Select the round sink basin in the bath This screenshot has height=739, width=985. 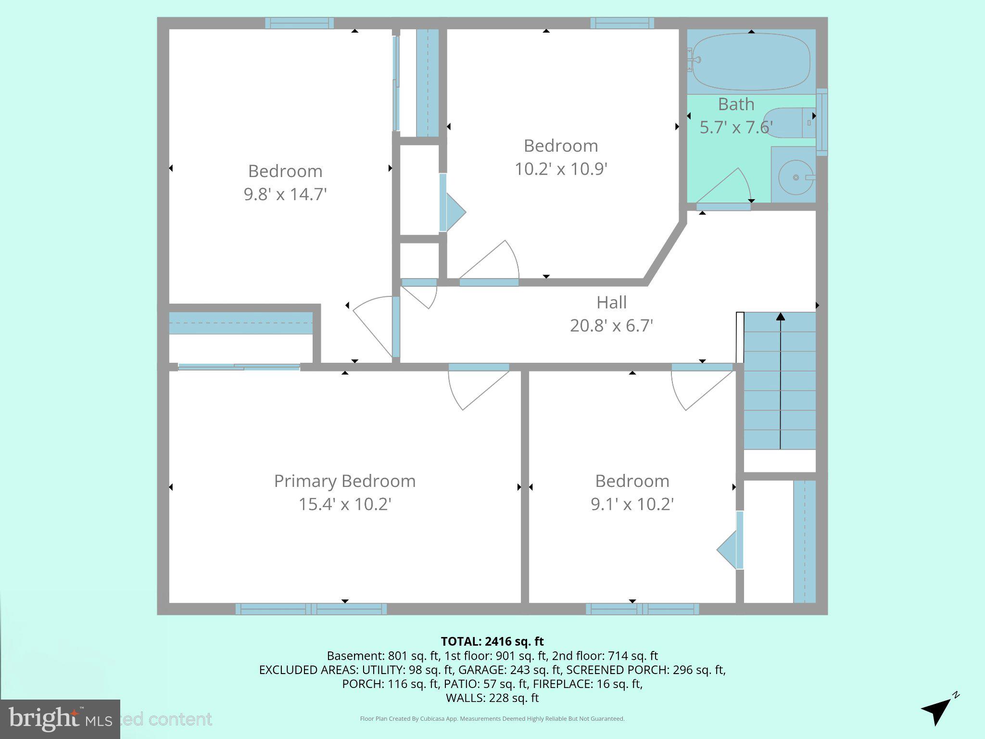796,178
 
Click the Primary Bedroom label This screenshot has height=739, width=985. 344,481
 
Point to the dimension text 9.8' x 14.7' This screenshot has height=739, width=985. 285,194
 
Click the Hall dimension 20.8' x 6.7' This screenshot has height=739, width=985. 611,326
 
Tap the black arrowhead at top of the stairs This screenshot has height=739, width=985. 780,317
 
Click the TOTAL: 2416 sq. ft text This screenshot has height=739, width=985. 492,641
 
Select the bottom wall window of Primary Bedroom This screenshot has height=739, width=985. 311,609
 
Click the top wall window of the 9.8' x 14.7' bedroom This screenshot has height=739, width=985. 299,23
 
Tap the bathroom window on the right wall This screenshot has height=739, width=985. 821,122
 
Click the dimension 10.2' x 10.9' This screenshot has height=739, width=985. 561,169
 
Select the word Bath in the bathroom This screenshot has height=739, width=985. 736,104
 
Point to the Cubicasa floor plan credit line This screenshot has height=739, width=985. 492,719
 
